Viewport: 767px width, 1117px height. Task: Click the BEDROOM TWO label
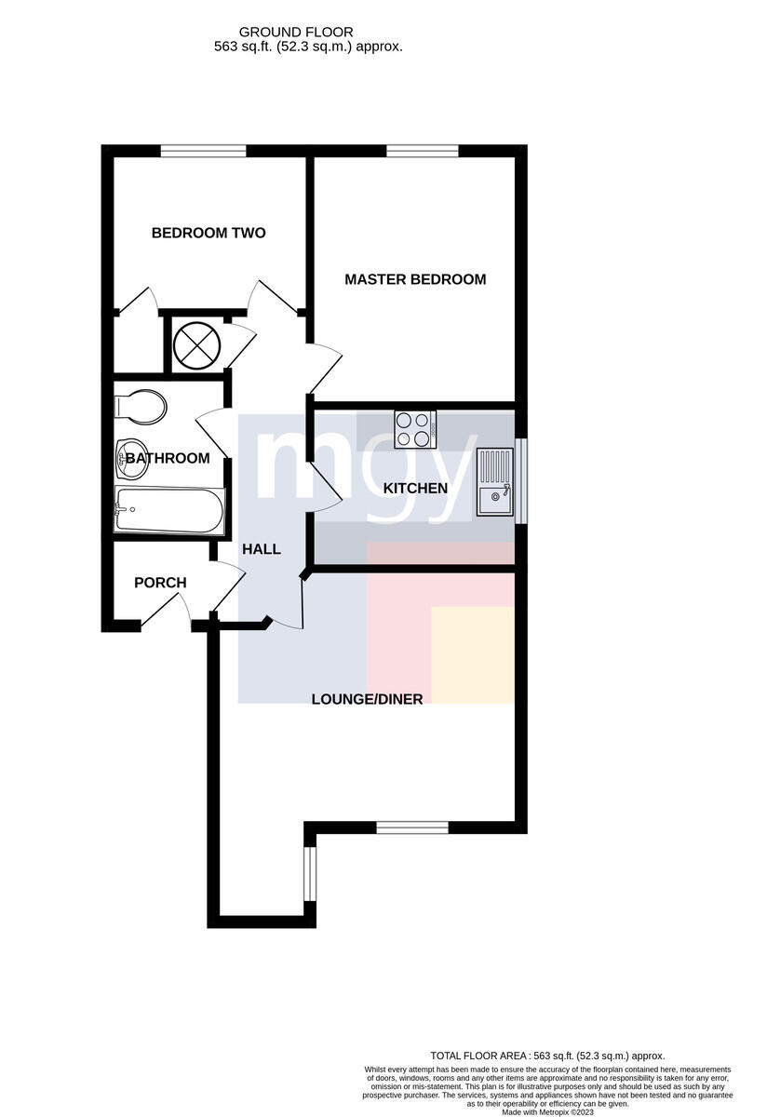(x=209, y=233)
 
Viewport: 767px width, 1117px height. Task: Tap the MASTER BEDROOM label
(x=415, y=279)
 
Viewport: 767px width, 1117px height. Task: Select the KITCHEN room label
(x=415, y=488)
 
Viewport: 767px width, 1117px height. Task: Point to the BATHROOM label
(x=168, y=458)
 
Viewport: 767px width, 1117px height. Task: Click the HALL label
(x=262, y=549)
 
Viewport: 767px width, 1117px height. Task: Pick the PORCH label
(x=161, y=583)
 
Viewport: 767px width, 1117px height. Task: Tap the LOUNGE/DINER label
(x=367, y=700)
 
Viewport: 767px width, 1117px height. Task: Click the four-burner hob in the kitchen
(x=415, y=429)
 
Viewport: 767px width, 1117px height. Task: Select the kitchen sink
(x=494, y=482)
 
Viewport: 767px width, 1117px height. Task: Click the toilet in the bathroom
(x=141, y=407)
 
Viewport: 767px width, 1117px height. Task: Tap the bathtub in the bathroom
(x=169, y=510)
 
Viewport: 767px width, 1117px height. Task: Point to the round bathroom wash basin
(x=131, y=459)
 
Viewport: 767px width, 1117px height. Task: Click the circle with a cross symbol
(x=196, y=344)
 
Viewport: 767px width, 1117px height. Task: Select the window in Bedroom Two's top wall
(x=203, y=151)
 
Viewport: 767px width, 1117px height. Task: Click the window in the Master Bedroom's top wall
(x=423, y=151)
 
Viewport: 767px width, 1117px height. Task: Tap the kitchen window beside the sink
(x=520, y=480)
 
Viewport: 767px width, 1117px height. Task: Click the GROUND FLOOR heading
(x=296, y=33)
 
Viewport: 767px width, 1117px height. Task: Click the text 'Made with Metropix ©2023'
(x=547, y=1112)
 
